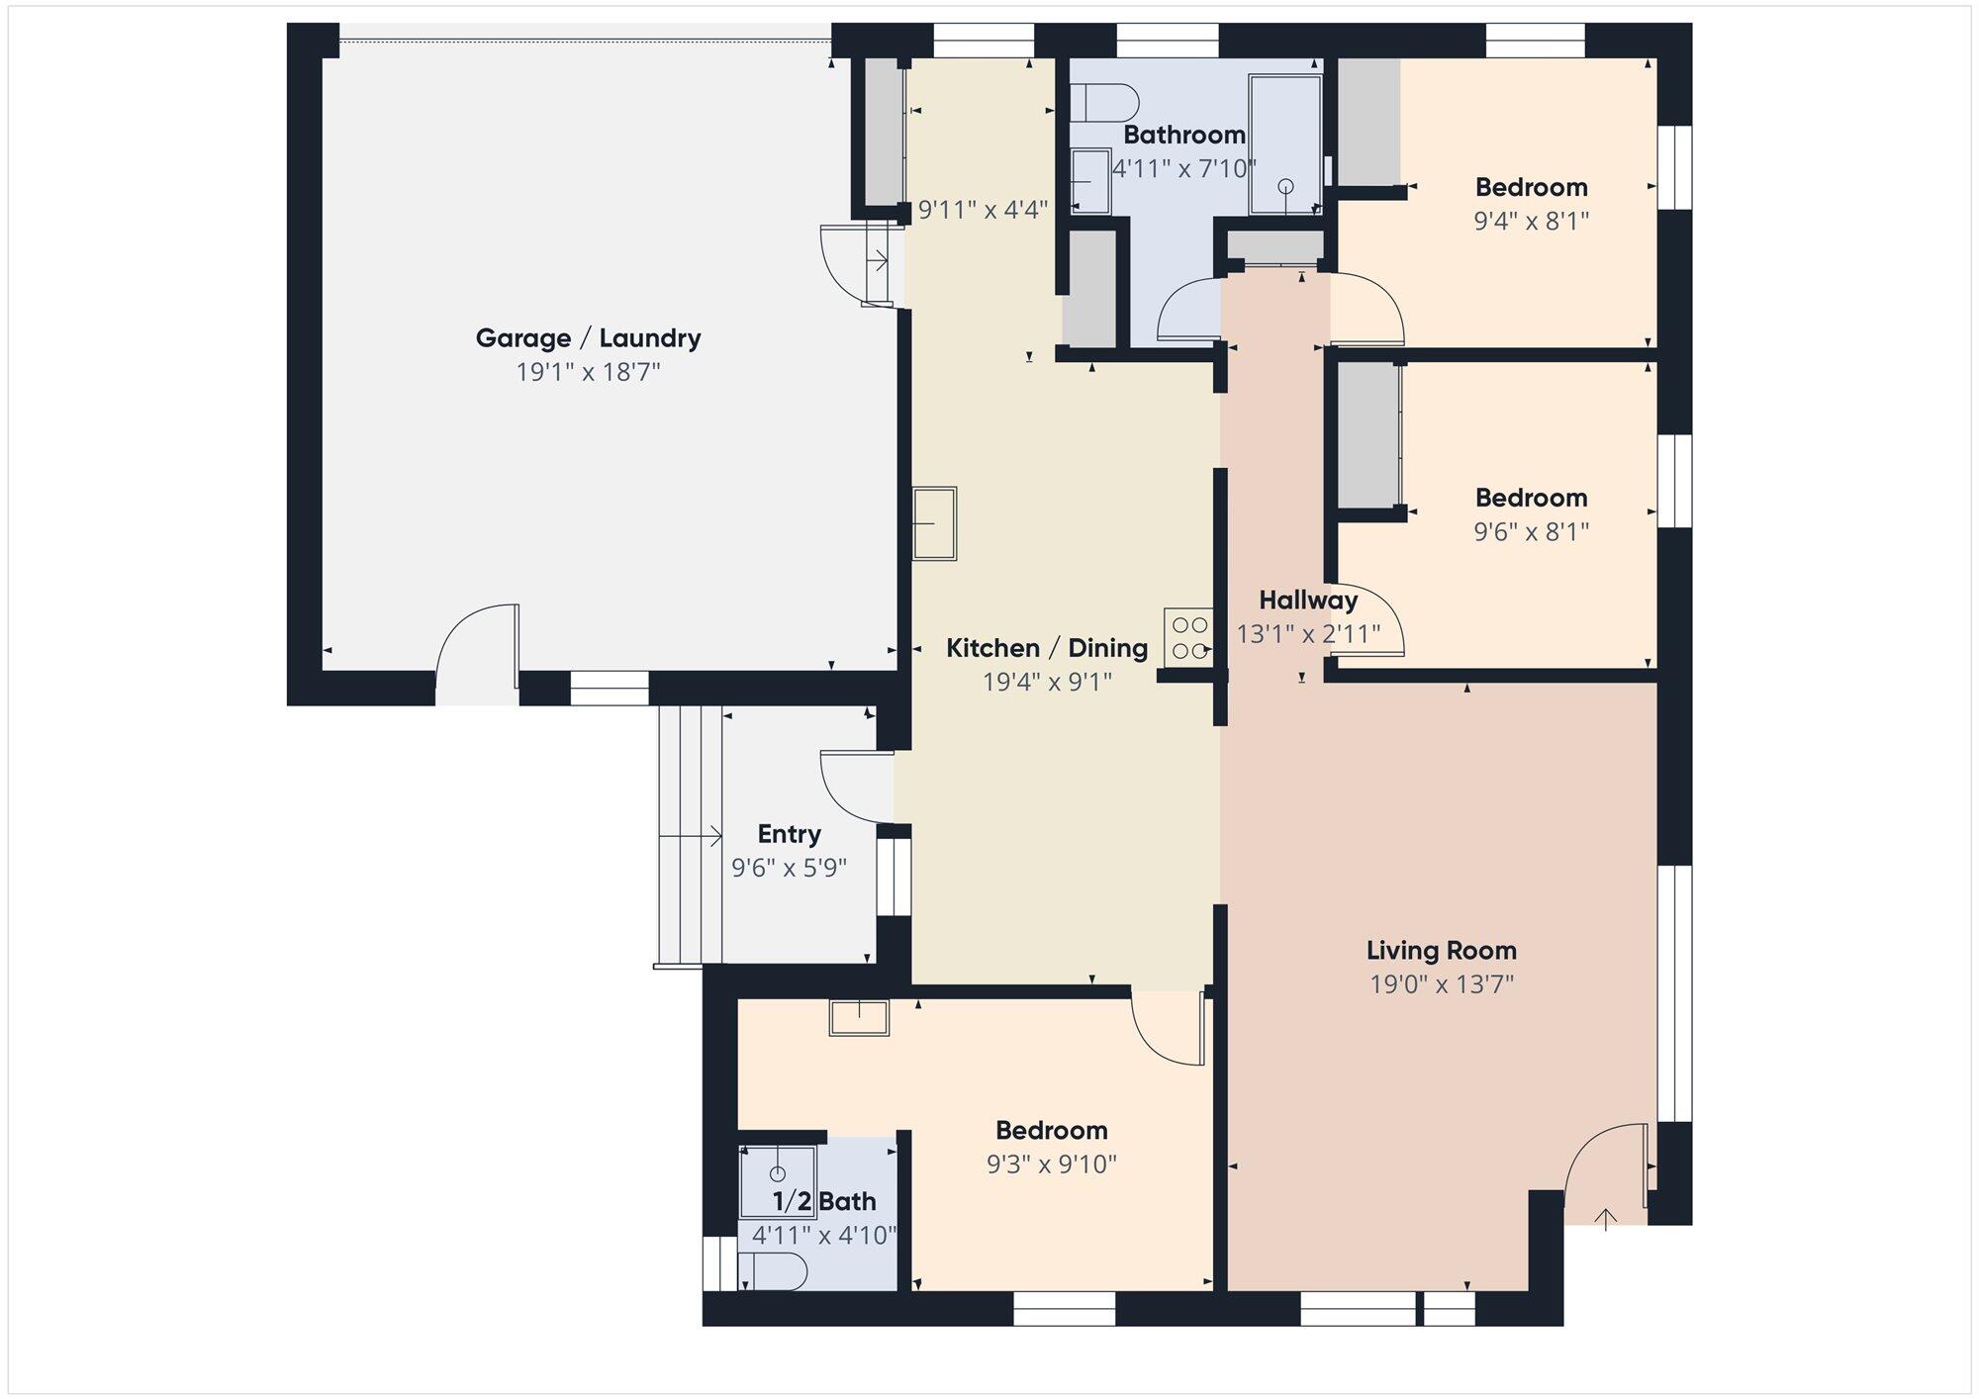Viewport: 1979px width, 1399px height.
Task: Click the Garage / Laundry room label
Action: click(x=588, y=338)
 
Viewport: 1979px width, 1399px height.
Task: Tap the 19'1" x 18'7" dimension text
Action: click(x=588, y=372)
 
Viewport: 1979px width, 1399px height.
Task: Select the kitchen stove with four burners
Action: click(x=1188, y=637)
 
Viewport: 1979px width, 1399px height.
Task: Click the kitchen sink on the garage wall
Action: click(x=934, y=523)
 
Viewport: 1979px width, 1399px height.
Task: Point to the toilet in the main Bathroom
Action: click(x=1106, y=102)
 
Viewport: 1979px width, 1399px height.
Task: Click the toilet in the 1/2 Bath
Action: click(x=773, y=1271)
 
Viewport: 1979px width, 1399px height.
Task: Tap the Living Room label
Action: click(x=1441, y=951)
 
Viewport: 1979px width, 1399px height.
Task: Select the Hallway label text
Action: click(x=1308, y=600)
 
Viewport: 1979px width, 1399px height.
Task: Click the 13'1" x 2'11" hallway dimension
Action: click(x=1308, y=633)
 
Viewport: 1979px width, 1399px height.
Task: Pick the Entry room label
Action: click(x=789, y=834)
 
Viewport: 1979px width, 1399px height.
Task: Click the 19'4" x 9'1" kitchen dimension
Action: click(x=1047, y=682)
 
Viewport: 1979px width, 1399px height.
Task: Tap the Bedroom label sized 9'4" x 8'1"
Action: click(x=1531, y=187)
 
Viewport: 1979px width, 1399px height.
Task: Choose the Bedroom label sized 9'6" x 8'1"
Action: click(x=1531, y=498)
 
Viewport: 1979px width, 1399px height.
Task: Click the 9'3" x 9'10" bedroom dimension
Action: click(x=1051, y=1164)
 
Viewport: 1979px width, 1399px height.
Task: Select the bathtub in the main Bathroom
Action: click(x=1285, y=143)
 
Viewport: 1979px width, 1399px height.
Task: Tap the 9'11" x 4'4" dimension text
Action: click(x=983, y=210)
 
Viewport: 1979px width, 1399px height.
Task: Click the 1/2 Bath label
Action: click(x=824, y=1201)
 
